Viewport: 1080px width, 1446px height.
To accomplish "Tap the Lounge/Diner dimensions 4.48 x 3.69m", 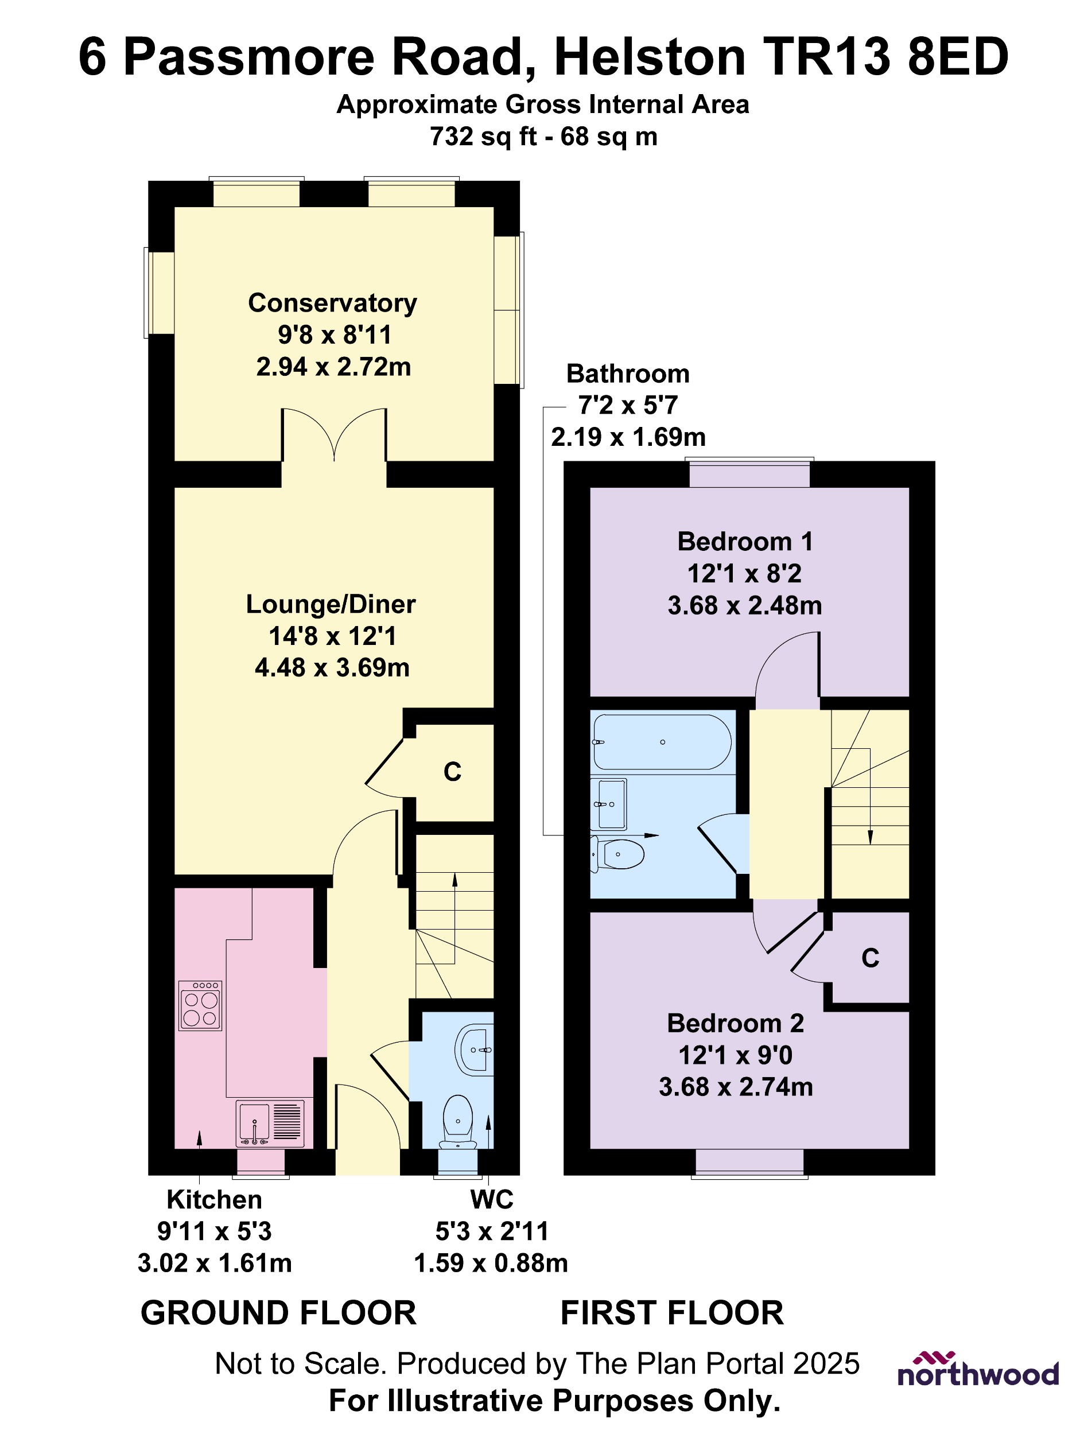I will [332, 667].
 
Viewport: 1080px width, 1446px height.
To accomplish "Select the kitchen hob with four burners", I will [200, 1005].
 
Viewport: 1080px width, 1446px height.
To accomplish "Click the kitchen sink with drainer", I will [270, 1123].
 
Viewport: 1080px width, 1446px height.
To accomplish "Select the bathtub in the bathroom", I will [662, 742].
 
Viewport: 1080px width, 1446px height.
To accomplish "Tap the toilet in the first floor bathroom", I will [618, 854].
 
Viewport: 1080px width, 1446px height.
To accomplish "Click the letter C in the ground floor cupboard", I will [452, 772].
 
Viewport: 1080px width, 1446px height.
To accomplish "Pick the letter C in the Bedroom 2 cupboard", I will [870, 958].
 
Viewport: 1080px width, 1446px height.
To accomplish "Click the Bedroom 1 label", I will [745, 541].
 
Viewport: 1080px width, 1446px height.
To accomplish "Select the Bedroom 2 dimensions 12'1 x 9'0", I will [736, 1055].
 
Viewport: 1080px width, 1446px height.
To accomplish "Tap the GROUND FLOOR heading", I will [278, 1313].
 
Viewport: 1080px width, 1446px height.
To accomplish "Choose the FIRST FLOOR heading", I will [672, 1313].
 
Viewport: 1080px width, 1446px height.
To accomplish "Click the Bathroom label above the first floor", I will [628, 374].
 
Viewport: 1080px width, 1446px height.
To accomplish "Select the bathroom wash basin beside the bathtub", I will [610, 803].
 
